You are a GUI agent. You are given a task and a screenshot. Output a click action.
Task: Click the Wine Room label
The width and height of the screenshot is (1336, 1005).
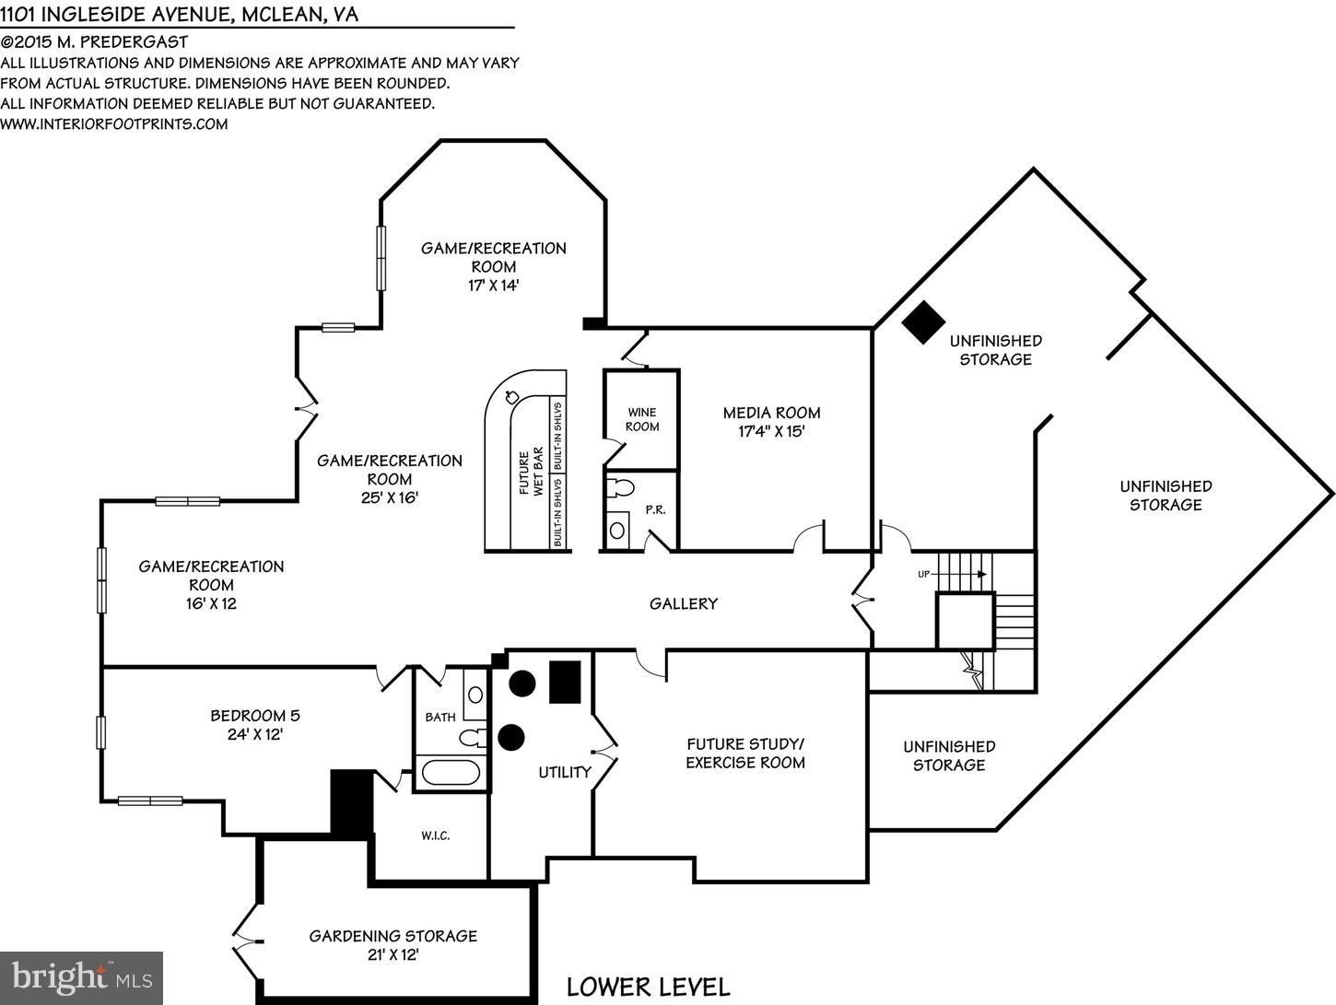642,419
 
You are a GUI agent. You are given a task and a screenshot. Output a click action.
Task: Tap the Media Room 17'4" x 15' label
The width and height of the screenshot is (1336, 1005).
771,422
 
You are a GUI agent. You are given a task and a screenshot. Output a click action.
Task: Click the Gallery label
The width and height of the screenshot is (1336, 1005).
683,603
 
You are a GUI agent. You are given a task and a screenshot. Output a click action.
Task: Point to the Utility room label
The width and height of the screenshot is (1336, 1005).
564,772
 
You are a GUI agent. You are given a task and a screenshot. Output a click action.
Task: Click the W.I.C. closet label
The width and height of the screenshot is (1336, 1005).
435,836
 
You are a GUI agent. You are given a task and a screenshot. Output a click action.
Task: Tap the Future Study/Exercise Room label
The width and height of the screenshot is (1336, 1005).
744,753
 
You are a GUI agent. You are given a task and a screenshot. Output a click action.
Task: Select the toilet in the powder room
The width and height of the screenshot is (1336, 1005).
622,486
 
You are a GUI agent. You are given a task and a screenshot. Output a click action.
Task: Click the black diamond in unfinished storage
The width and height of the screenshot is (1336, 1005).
923,321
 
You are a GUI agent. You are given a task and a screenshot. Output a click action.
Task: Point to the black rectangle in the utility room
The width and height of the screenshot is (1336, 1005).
565,683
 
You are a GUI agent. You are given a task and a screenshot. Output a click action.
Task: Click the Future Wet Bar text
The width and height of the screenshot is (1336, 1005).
531,473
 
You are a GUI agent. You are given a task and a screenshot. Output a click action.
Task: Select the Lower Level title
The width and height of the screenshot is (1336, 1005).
648,987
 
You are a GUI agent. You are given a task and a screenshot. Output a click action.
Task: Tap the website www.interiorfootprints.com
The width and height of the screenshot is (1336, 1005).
114,124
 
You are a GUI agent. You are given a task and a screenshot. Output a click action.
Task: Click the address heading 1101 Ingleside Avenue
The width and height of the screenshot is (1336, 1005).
180,14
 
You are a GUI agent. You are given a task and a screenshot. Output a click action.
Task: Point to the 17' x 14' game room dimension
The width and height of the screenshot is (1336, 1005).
493,286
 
